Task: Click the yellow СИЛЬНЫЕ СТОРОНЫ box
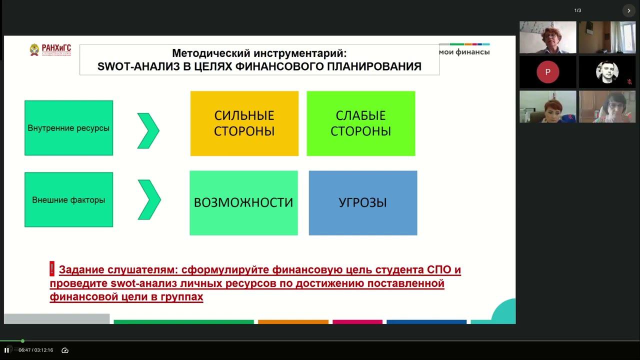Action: coord(244,123)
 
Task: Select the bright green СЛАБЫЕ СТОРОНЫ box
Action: coord(360,123)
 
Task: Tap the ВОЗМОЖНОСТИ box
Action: coord(243,202)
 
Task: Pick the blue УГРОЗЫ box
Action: coord(362,202)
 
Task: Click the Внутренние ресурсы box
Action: coord(68,128)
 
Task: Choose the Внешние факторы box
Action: coord(68,199)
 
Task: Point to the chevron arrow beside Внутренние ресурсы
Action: coord(148,130)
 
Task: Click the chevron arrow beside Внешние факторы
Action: coord(148,199)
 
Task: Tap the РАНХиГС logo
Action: coord(50,49)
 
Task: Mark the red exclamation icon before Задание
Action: coord(52,269)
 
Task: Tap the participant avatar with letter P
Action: coord(547,72)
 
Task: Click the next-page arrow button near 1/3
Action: coord(628,10)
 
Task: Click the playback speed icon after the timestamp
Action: coord(64,350)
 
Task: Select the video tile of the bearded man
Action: coord(607,72)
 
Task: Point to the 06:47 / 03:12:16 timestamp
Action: coord(35,350)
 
